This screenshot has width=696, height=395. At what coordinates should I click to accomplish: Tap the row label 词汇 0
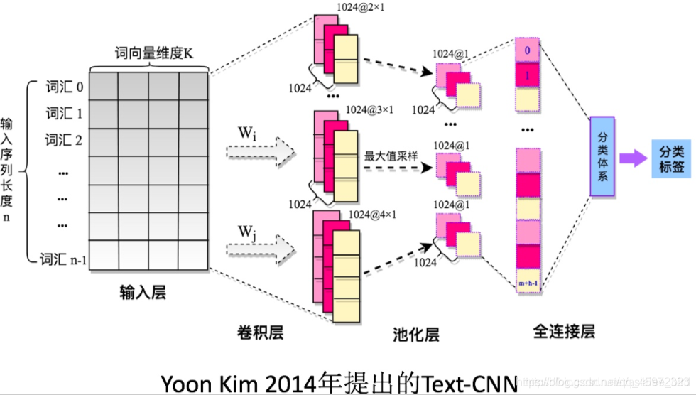click(65, 88)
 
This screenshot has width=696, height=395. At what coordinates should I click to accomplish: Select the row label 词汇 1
click(65, 114)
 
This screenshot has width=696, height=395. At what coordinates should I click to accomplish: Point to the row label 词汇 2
click(65, 139)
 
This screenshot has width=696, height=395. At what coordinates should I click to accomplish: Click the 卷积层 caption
click(260, 332)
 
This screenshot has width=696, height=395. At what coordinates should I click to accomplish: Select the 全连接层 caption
click(563, 331)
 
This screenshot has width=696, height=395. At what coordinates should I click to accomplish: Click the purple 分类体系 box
click(602, 156)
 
